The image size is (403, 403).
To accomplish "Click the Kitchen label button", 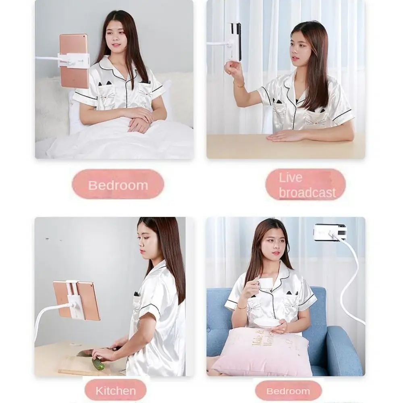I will (115, 391).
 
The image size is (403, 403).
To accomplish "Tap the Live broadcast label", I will (306, 185).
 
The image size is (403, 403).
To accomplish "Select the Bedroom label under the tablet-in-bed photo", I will (118, 185).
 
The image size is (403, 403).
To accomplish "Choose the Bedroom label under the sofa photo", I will (288, 391).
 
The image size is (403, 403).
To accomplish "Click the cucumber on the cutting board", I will (98, 364).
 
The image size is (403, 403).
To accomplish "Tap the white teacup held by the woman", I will (264, 283).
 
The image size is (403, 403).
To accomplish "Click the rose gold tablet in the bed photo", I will (74, 60).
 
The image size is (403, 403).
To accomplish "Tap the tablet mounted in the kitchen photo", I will (77, 300).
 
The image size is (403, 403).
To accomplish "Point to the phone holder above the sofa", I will (330, 232).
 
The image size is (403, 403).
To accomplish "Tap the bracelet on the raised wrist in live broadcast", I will (240, 85).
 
